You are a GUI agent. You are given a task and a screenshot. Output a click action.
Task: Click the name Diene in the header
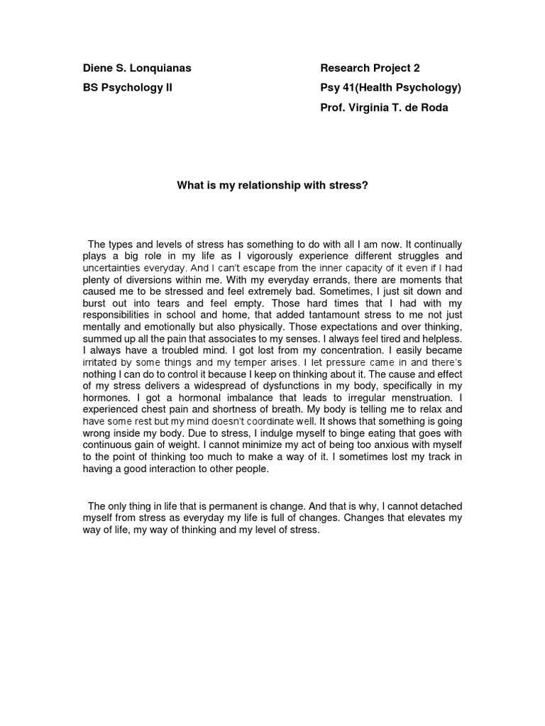coord(98,68)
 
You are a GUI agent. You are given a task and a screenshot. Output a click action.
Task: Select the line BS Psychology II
coord(128,88)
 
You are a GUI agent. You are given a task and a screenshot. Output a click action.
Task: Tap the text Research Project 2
coord(370,68)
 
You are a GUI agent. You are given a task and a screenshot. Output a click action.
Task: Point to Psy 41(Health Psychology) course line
coord(390,88)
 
